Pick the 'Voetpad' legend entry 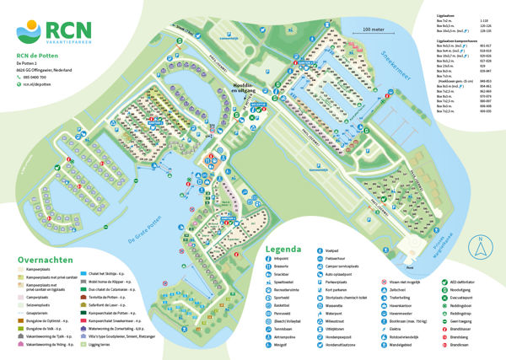click(x=357, y=263)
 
